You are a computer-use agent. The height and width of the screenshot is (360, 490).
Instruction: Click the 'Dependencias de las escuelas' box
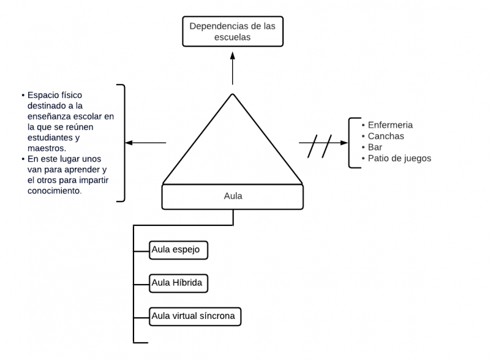(233, 32)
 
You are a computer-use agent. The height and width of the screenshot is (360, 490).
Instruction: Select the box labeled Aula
(233, 197)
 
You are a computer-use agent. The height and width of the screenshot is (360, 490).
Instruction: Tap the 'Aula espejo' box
(178, 250)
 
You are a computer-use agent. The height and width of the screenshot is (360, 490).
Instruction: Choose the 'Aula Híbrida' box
(178, 283)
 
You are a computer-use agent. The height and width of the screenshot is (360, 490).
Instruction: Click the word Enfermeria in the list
(390, 125)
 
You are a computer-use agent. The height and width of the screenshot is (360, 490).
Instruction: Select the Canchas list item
(385, 136)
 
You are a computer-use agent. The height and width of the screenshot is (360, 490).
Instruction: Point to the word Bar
(374, 147)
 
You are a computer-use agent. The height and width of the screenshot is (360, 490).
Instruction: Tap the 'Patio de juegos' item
(399, 158)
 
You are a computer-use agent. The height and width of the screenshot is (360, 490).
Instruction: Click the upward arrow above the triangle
(233, 67)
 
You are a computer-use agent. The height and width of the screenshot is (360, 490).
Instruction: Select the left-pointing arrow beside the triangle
(146, 143)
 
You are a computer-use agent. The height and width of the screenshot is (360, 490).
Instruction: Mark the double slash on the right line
(320, 146)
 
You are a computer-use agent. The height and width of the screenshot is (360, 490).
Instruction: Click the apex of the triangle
(233, 95)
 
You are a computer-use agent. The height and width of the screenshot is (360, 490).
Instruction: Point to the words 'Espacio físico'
(55, 95)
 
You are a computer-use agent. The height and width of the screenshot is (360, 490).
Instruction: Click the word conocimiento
(54, 190)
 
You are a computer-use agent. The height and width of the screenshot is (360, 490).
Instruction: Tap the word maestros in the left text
(46, 148)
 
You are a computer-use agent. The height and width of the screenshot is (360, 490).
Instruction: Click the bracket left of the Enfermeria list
(352, 143)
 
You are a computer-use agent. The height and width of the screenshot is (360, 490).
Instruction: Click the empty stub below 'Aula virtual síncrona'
(141, 342)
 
